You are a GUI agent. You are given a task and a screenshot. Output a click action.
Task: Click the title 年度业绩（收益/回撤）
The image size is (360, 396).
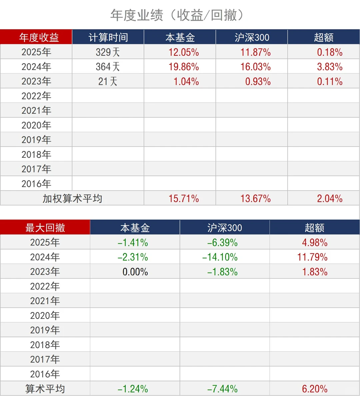[180, 15]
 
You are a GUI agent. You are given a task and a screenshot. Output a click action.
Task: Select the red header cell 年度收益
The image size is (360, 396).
[39, 37]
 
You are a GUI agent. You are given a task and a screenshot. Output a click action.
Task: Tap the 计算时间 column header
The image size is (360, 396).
[108, 37]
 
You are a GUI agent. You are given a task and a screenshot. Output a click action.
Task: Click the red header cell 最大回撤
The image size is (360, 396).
[45, 228]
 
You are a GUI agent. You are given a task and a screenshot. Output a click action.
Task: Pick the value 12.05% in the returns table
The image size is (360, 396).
[184, 52]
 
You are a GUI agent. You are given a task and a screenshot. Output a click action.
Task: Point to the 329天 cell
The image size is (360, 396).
[108, 52]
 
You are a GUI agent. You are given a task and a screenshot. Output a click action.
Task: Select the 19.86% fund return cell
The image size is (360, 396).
[184, 67]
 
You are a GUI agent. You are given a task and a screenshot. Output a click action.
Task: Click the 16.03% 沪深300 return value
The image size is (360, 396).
[256, 67]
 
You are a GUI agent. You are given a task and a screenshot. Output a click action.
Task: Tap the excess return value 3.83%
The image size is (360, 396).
[330, 67]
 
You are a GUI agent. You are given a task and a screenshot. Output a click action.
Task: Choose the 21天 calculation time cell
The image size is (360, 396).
[108, 81]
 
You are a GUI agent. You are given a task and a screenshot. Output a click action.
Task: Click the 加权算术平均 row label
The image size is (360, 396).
[72, 199]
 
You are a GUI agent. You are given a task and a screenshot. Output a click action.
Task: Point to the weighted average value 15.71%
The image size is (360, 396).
[184, 199]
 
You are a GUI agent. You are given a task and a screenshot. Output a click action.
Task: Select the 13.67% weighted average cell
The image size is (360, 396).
[256, 199]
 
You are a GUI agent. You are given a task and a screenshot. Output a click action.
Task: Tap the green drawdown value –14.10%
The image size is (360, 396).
[220, 257]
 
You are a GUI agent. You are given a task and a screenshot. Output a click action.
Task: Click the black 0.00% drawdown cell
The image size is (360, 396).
[135, 272]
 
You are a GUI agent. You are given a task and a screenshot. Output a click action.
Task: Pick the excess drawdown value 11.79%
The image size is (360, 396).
[312, 257]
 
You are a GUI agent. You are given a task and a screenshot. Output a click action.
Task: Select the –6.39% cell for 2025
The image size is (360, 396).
[222, 243]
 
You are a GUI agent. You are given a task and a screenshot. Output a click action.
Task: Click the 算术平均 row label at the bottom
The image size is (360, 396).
[45, 389]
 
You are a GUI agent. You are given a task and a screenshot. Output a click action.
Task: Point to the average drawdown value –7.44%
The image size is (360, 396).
[222, 389]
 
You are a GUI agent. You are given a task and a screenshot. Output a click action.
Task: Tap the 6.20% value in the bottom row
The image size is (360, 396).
[315, 389]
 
